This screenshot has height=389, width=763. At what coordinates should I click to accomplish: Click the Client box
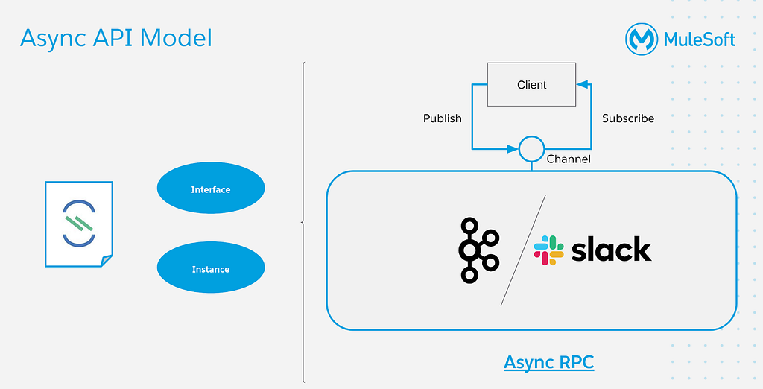point(531,84)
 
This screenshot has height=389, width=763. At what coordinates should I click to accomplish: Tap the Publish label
point(443,118)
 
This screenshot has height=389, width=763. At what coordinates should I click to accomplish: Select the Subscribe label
point(627,118)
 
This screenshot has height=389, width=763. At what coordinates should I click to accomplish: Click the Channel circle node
point(531,149)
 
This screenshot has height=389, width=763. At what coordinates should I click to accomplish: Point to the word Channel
point(569,159)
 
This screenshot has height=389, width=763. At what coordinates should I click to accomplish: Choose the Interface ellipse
point(211,188)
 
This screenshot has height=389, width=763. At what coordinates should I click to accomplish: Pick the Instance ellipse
point(211,268)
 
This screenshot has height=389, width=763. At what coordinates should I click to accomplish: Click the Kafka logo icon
point(479,250)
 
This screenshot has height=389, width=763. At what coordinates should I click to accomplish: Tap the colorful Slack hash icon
point(548,250)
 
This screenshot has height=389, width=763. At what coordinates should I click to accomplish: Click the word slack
point(611,249)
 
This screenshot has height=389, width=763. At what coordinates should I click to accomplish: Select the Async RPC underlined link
point(549,362)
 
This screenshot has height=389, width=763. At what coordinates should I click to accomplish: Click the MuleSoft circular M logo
point(642,39)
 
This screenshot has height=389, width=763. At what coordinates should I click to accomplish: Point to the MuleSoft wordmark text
point(699,39)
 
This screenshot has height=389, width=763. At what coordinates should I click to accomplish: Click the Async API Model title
point(115,38)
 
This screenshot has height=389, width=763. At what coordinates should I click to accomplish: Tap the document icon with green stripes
point(79,224)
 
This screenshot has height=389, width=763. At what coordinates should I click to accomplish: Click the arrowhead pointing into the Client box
point(582,84)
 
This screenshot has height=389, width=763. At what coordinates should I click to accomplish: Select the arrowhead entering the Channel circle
point(513,149)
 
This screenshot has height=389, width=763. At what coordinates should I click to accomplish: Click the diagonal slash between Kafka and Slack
point(523,250)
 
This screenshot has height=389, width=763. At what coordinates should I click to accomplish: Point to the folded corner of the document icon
point(107,261)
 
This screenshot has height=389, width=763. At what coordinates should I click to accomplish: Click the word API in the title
point(115,38)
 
